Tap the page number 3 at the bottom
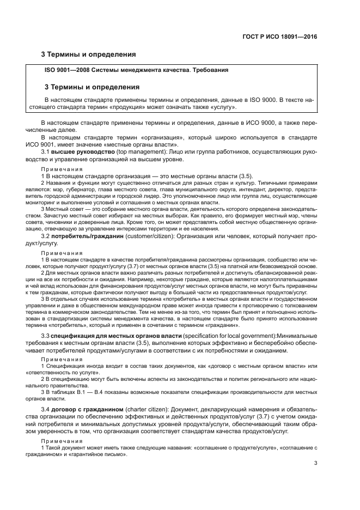(x=315, y=463)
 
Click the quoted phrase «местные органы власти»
(x=149, y=144)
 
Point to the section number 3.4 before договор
(x=46, y=409)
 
